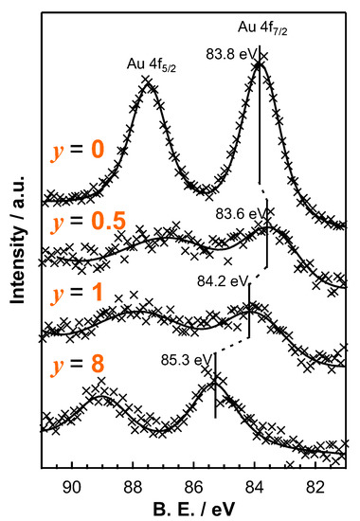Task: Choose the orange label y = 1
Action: [76, 293]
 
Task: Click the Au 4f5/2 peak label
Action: [151, 64]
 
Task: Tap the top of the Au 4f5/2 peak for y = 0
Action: [149, 84]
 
